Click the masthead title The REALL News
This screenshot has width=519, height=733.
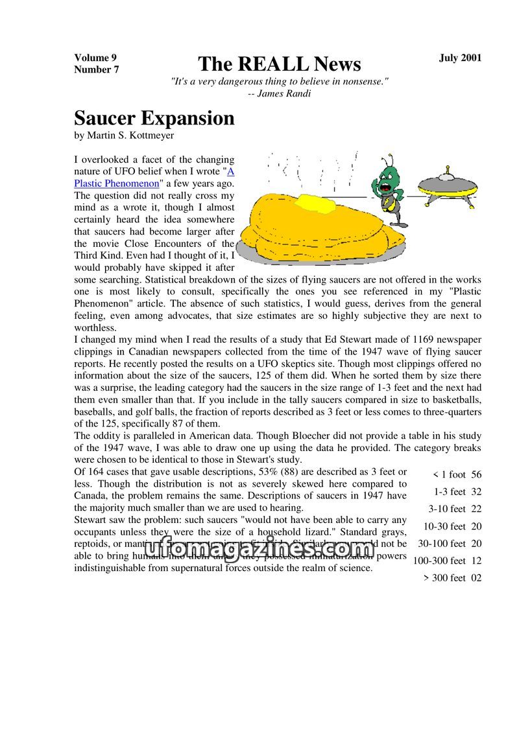[279, 64]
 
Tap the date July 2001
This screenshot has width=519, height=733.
[460, 58]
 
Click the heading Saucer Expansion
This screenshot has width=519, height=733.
[154, 118]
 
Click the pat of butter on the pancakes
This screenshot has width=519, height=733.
[316, 205]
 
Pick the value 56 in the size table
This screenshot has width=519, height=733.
[476, 474]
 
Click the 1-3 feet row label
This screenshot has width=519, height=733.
[450, 492]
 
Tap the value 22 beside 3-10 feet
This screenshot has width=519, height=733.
[476, 509]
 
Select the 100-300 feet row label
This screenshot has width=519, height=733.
[439, 561]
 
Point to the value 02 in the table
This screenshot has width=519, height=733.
[476, 578]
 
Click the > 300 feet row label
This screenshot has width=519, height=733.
[444, 578]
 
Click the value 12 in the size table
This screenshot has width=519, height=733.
[476, 561]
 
